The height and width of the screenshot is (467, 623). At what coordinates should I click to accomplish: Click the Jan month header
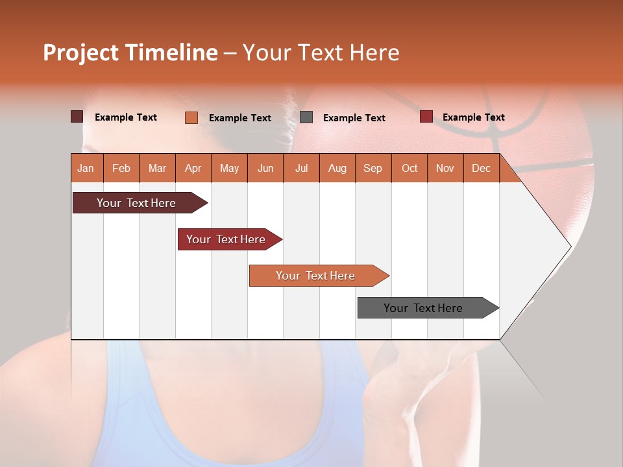coord(86,168)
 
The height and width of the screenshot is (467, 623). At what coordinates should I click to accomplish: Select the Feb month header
coord(121,168)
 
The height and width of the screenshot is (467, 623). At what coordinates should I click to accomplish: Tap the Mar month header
coord(157,168)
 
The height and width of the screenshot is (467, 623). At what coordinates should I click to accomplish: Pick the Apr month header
coord(193,168)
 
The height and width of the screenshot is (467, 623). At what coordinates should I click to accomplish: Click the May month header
coord(229,168)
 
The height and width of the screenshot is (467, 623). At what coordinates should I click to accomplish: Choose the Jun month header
coord(265,168)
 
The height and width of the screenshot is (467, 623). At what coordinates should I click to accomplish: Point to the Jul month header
coord(301,168)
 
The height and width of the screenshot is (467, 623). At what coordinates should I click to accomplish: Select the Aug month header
coord(337,168)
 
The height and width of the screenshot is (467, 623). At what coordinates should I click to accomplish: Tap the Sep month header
coord(373,168)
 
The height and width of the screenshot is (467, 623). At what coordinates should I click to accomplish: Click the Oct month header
coord(409,168)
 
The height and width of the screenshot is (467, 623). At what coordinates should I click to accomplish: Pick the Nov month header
coord(445,168)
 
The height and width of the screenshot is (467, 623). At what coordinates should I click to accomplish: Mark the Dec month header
coord(482,168)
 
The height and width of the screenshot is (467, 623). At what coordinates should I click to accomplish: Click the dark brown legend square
coord(77,117)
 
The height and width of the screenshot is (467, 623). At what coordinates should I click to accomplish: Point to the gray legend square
coord(306,117)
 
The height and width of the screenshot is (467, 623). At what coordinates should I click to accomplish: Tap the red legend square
coord(426,117)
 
